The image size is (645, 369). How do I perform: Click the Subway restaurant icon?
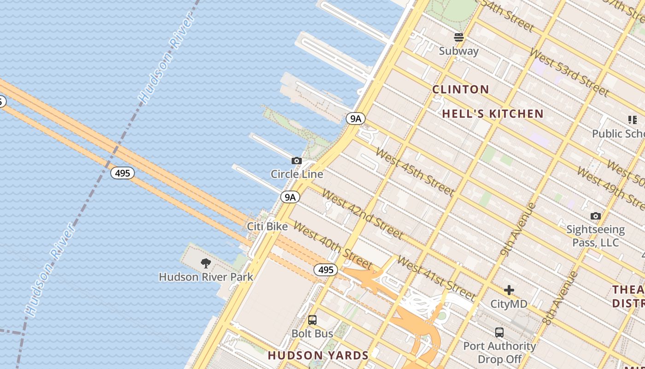click(458, 37)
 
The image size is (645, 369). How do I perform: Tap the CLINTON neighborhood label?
click(460, 89)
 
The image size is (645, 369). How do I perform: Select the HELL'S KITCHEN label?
click(493, 113)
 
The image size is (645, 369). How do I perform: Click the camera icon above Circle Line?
click(297, 161)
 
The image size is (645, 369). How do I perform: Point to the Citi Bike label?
click(267, 226)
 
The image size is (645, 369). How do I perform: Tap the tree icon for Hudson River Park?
click(206, 263)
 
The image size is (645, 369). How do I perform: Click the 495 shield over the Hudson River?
click(123, 173)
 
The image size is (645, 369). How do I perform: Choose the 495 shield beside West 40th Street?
click(326, 270)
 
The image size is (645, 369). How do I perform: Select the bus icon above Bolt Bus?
click(312, 320)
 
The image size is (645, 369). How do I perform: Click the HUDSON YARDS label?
click(318, 356)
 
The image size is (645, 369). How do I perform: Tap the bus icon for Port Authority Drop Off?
click(499, 333)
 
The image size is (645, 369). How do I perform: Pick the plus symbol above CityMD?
click(509, 290)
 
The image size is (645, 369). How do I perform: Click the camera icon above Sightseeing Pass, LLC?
click(595, 216)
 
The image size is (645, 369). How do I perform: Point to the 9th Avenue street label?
click(519, 229)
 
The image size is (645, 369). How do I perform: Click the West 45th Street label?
click(415, 171)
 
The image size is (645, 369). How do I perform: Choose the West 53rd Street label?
click(569, 72)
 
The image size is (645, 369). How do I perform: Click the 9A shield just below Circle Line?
click(290, 197)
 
